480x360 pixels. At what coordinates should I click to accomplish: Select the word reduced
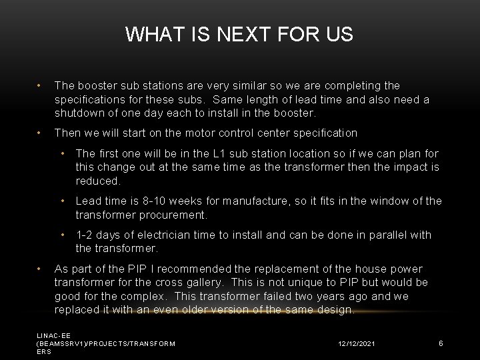point(97,181)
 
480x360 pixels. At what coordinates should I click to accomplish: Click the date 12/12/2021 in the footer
point(357,343)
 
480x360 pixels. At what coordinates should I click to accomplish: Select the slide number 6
point(441,343)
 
